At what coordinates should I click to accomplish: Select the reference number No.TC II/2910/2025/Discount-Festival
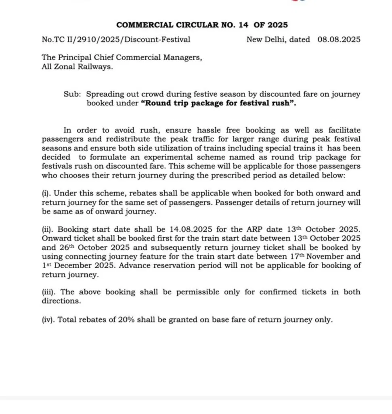pos(116,40)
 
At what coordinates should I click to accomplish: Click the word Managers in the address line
pos(182,57)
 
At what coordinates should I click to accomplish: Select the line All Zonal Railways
pos(77,67)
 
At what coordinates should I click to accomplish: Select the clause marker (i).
pos(46,194)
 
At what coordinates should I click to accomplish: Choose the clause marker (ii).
pos(48,230)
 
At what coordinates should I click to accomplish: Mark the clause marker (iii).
pos(49,292)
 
